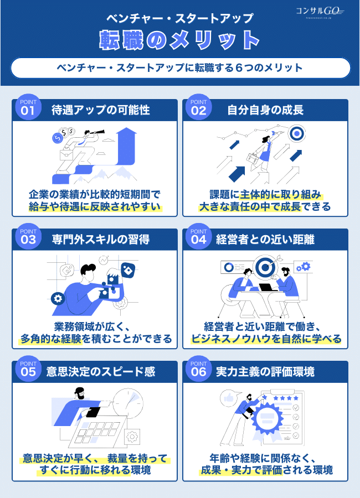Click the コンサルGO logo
click(x=320, y=12)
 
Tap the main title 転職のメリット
click(x=179, y=40)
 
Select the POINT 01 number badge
click(x=28, y=107)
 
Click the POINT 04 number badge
click(x=198, y=237)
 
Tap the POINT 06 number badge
click(x=198, y=369)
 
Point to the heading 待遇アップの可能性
click(x=101, y=110)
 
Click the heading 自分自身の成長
click(x=265, y=110)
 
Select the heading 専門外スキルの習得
click(x=101, y=239)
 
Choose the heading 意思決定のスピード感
click(x=101, y=371)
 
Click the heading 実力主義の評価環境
click(x=265, y=371)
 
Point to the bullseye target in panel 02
click(x=296, y=134)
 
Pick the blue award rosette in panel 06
click(x=267, y=419)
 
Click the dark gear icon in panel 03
click(x=58, y=299)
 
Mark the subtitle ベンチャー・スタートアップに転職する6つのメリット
click(x=180, y=68)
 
